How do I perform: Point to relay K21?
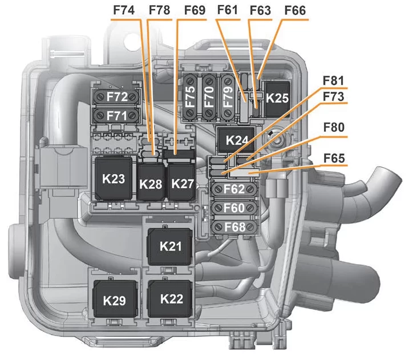[x=171, y=246]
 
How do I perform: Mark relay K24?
[x=237, y=140]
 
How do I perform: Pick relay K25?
[x=278, y=97]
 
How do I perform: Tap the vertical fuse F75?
[x=191, y=96]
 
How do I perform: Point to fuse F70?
[x=209, y=96]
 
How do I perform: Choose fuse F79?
[x=228, y=96]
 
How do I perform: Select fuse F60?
[x=234, y=207]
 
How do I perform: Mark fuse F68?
[x=234, y=227]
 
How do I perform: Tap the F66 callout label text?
[x=293, y=11]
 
